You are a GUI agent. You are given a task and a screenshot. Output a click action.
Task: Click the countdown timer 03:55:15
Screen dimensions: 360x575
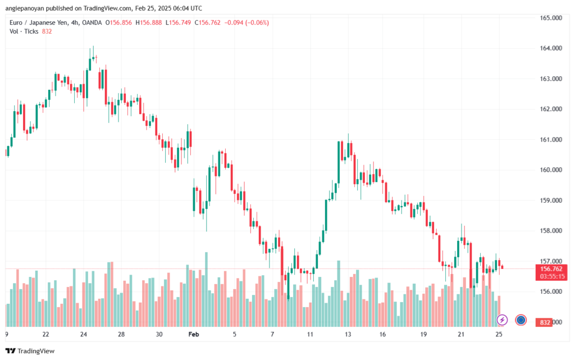pyautogui.click(x=551, y=276)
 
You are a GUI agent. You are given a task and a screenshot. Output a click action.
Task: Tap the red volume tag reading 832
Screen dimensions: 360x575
pyautogui.click(x=545, y=322)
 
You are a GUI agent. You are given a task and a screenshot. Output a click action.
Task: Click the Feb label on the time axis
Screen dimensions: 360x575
pyautogui.click(x=194, y=334)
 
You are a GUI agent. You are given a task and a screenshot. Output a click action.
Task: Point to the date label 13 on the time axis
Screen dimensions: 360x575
pyautogui.click(x=348, y=334)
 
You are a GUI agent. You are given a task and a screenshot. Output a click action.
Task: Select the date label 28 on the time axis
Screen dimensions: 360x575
pyautogui.click(x=121, y=334)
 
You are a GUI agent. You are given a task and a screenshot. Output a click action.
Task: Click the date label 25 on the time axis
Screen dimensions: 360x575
pyautogui.click(x=499, y=334)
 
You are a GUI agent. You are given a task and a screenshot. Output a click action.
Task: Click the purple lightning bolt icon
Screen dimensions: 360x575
pyautogui.click(x=503, y=320)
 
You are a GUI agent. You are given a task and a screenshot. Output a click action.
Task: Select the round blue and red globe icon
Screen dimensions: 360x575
pyautogui.click(x=521, y=320)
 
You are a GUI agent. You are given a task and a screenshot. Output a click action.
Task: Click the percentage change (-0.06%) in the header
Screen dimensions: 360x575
pyautogui.click(x=255, y=22)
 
